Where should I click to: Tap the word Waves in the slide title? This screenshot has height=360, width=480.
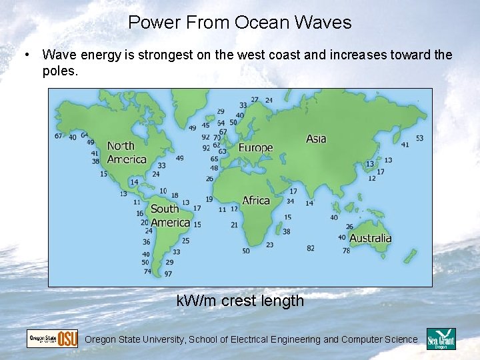[x=325, y=23]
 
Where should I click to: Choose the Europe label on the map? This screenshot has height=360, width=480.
[x=255, y=148]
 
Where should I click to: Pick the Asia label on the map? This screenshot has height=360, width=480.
[x=316, y=139]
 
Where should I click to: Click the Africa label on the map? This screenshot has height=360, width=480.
[x=256, y=200]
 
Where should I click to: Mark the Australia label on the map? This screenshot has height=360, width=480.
[x=370, y=238]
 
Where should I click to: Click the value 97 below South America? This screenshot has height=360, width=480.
[x=168, y=273]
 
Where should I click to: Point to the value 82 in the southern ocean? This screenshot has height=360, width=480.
[x=311, y=248]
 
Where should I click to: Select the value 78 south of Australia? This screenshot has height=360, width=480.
[x=346, y=251]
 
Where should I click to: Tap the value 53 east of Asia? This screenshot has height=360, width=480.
[x=419, y=138]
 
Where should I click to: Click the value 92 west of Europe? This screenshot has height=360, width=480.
[x=206, y=137]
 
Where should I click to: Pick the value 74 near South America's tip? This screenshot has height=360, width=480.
[x=147, y=271]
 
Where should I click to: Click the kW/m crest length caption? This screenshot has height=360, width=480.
[x=240, y=301]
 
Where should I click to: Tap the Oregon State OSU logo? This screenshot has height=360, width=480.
[x=52, y=339]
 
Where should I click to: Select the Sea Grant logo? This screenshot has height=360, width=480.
[x=441, y=339]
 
